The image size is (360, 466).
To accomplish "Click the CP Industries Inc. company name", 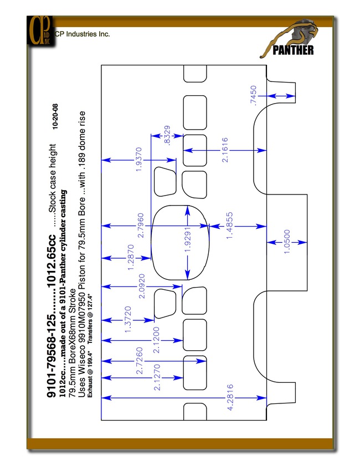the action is [83, 34].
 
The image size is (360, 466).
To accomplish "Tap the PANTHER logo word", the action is [293, 50].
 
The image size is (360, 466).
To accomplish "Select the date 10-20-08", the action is [55, 116].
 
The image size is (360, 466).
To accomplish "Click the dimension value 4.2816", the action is [230, 397].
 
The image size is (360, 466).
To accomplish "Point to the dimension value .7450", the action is [253, 95].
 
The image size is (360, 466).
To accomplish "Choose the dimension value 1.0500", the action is [287, 242].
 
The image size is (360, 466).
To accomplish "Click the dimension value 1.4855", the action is [230, 226].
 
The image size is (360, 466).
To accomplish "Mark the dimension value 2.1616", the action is [225, 150].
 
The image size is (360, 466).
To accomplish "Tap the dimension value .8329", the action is [167, 135].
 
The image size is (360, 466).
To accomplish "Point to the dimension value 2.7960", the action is [141, 226].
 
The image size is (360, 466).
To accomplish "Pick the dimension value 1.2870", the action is [131, 257].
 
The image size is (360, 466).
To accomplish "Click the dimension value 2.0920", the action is [142, 286].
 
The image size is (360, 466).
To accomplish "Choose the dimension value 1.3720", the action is [128, 320].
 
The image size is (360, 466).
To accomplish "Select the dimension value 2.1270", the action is [157, 377].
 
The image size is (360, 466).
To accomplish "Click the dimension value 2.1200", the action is [156, 340].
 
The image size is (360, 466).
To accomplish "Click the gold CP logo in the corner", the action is [41, 30].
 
